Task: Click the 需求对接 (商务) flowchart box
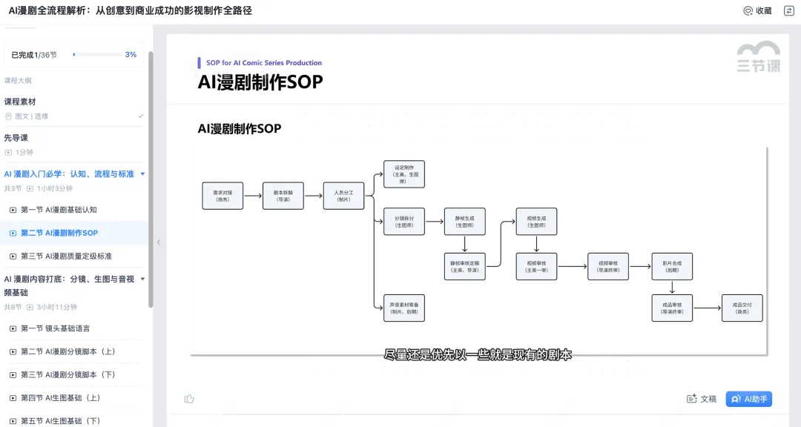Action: pyautogui.click(x=222, y=196)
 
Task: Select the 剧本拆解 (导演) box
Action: pyautogui.click(x=283, y=196)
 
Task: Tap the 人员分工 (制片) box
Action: pyautogui.click(x=343, y=196)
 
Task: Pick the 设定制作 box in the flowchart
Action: pyautogui.click(x=404, y=174)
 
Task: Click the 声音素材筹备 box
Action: pyautogui.click(x=404, y=308)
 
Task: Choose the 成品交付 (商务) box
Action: pyautogui.click(x=742, y=308)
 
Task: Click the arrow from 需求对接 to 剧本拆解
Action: pyautogui.click(x=253, y=196)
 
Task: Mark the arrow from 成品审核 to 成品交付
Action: pyautogui.click(x=707, y=308)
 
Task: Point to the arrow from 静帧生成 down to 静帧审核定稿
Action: pyautogui.click(x=464, y=244)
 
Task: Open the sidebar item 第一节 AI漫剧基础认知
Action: pyautogui.click(x=59, y=210)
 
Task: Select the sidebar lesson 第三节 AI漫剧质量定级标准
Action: pyautogui.click(x=66, y=256)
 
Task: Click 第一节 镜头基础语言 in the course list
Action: pyautogui.click(x=55, y=328)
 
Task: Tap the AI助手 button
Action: pyautogui.click(x=749, y=399)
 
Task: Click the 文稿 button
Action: pyautogui.click(x=702, y=399)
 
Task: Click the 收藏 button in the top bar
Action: pyautogui.click(x=758, y=10)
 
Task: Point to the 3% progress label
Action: pyautogui.click(x=131, y=55)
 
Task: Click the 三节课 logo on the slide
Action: pyautogui.click(x=758, y=58)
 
